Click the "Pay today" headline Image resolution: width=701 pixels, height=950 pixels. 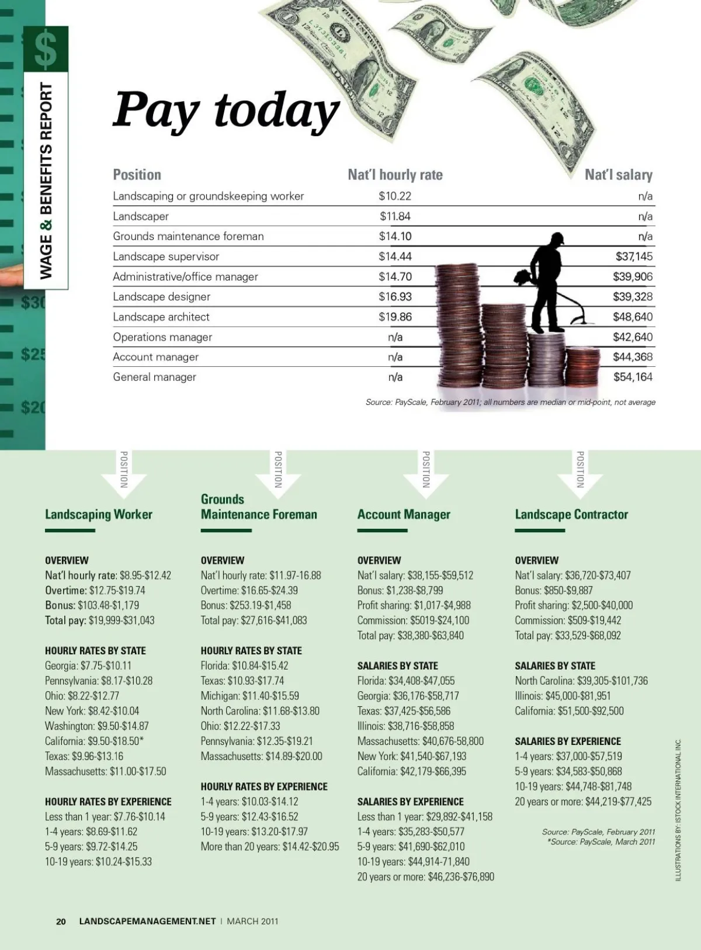[x=225, y=110]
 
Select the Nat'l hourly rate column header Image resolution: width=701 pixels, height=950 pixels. [x=395, y=175]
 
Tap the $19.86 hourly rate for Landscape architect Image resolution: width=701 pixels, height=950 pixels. [x=395, y=317]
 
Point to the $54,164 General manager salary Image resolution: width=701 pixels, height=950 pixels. [x=633, y=377]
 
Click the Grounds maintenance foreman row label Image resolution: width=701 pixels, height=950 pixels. [x=188, y=236]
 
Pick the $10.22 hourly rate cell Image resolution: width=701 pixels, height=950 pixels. [x=395, y=196]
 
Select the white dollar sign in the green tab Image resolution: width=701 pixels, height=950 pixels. [x=46, y=49]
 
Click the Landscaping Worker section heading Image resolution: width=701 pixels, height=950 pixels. [x=98, y=514]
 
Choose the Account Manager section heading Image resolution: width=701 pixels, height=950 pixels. [x=404, y=514]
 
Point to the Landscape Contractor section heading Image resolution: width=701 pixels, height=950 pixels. [x=571, y=514]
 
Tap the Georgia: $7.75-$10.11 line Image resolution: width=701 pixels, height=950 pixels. [x=88, y=665]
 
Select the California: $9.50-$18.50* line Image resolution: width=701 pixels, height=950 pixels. [x=94, y=741]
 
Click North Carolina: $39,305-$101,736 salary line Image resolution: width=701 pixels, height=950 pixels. [x=581, y=681]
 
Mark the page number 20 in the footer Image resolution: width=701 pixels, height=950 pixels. [x=61, y=921]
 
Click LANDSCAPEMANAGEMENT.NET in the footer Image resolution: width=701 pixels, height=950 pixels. [x=147, y=921]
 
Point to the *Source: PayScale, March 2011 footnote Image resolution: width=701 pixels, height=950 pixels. [x=601, y=842]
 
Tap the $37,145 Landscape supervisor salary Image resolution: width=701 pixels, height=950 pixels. [x=634, y=256]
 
